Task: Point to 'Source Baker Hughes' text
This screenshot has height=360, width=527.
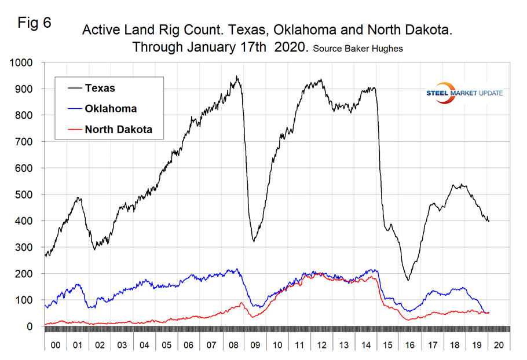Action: click(x=357, y=49)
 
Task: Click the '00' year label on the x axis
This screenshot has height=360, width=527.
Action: click(x=56, y=345)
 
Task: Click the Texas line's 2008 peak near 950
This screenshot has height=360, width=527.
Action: click(x=236, y=76)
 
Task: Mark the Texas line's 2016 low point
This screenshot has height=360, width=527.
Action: click(x=408, y=280)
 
